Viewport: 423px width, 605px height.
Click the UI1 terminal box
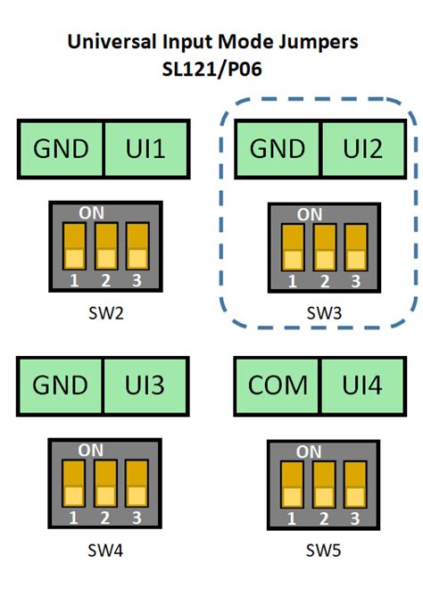point(147,148)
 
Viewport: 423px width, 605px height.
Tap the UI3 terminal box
point(147,385)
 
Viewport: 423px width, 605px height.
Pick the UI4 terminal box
point(361,385)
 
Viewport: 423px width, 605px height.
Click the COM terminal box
point(278,385)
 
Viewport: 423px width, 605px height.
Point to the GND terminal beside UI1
point(62,148)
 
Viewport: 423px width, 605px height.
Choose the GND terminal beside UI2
point(278,148)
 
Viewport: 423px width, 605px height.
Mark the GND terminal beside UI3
point(62,385)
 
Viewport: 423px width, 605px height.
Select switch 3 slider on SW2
point(136,245)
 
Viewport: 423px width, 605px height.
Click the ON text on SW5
point(309,452)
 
